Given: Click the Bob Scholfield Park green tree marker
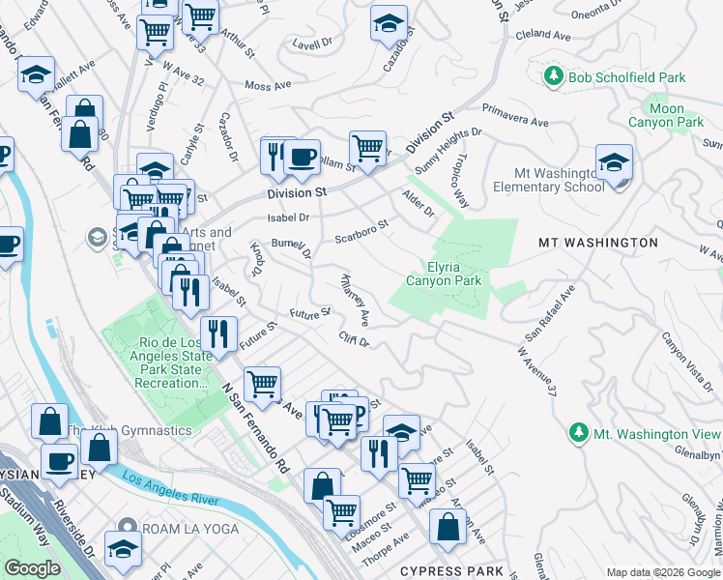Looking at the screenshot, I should coord(553,76).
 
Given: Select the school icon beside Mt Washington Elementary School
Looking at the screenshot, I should coord(613,165).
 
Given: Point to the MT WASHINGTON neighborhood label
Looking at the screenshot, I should coord(597,243).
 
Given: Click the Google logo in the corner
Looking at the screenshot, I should coord(33,568).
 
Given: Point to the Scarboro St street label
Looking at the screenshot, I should coord(361,231).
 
